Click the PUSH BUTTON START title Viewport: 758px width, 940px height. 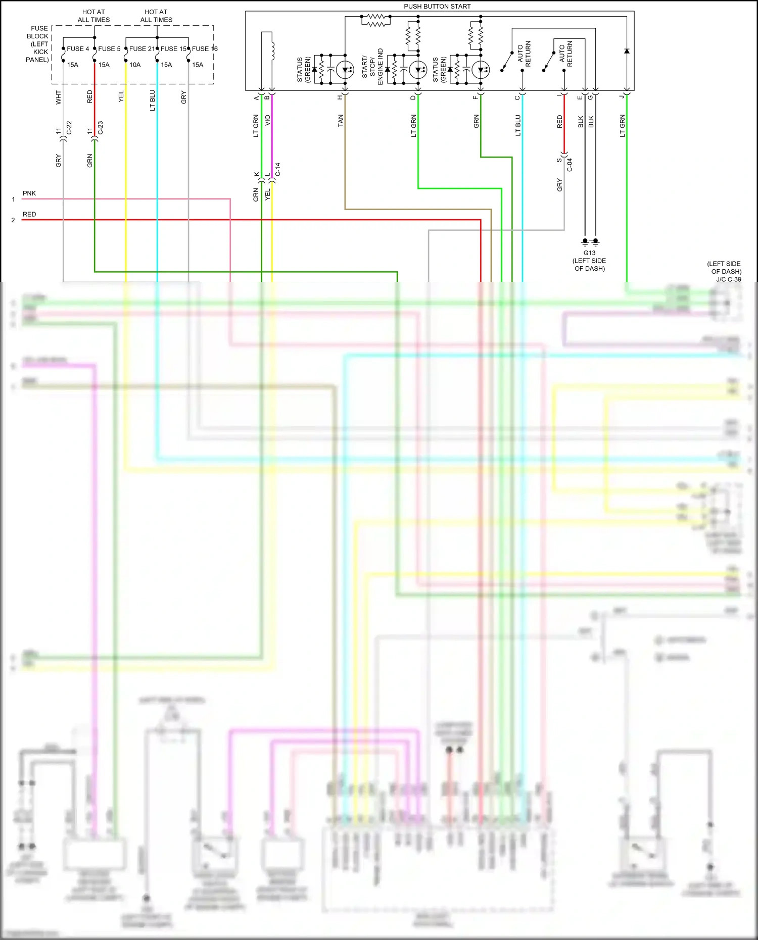click(437, 7)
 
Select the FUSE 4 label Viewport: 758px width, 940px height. click(78, 49)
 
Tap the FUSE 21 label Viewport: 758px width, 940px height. click(141, 49)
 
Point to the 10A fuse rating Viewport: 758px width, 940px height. click(135, 65)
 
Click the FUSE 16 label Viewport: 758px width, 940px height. click(204, 49)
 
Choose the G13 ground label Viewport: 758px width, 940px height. click(589, 253)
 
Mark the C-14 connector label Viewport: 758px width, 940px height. click(278, 169)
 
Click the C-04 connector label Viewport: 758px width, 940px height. click(570, 165)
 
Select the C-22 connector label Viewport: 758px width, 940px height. click(69, 128)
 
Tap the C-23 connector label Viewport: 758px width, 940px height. click(101, 128)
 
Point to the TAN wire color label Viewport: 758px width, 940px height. click(341, 120)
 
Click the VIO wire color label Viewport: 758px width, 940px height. click(268, 120)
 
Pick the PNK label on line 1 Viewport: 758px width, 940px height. click(29, 193)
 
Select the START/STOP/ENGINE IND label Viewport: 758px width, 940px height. click(372, 67)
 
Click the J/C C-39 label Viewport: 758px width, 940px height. click(728, 279)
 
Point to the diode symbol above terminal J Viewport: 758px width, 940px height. click(627, 51)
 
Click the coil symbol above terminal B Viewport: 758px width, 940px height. click(272, 46)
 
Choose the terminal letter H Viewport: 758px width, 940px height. click(340, 97)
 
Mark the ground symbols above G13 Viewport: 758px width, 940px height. click(590, 241)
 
